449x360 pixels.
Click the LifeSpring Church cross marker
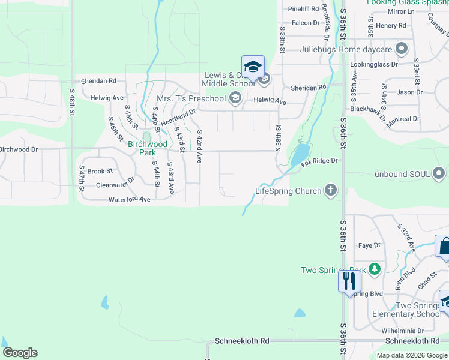click(330, 191)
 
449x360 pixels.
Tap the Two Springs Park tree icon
click(375, 269)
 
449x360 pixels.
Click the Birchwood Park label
click(148, 148)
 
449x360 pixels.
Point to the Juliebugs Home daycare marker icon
click(402, 49)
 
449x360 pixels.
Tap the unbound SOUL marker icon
click(439, 174)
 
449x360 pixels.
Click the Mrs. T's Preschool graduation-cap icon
click(235, 98)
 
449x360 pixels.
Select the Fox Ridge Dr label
click(319, 161)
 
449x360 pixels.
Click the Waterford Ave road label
click(129, 199)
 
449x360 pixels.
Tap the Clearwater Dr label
click(115, 182)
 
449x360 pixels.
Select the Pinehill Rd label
click(304, 8)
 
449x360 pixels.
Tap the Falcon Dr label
click(306, 23)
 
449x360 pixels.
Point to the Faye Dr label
click(369, 245)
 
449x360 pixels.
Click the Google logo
click(20, 353)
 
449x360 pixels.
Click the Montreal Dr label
click(403, 119)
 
